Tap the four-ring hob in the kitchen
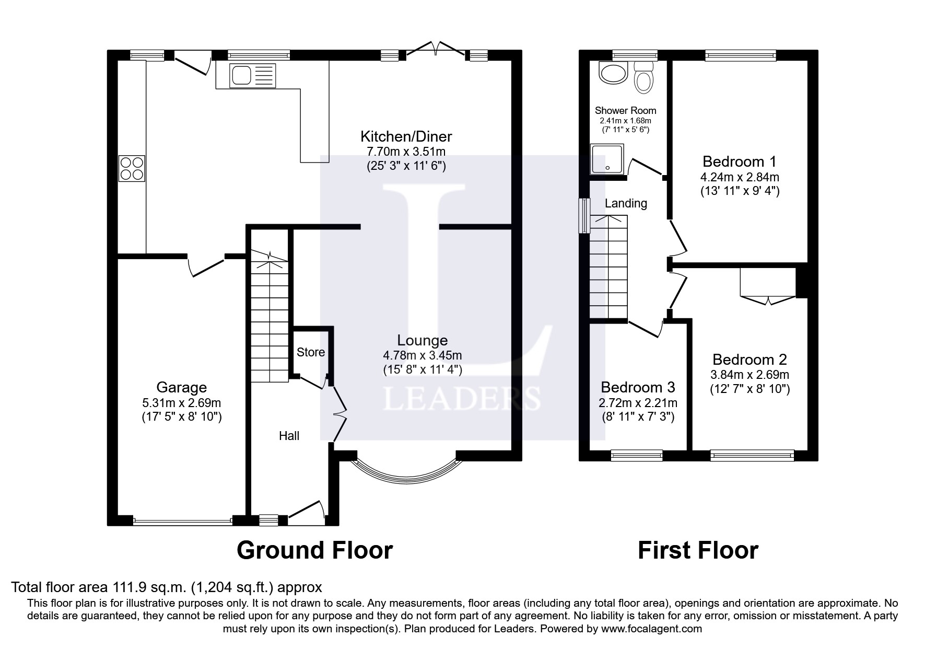(132, 168)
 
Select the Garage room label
(181, 387)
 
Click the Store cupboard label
(310, 352)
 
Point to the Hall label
(289, 436)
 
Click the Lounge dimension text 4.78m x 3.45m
(422, 355)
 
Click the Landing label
(626, 203)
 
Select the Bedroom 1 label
(740, 161)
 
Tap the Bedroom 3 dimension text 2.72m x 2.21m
(638, 403)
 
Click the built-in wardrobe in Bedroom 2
(767, 283)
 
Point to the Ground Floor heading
(314, 550)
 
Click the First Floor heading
(698, 550)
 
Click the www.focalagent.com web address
(651, 629)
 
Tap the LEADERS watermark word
(462, 399)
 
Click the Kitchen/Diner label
(406, 136)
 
